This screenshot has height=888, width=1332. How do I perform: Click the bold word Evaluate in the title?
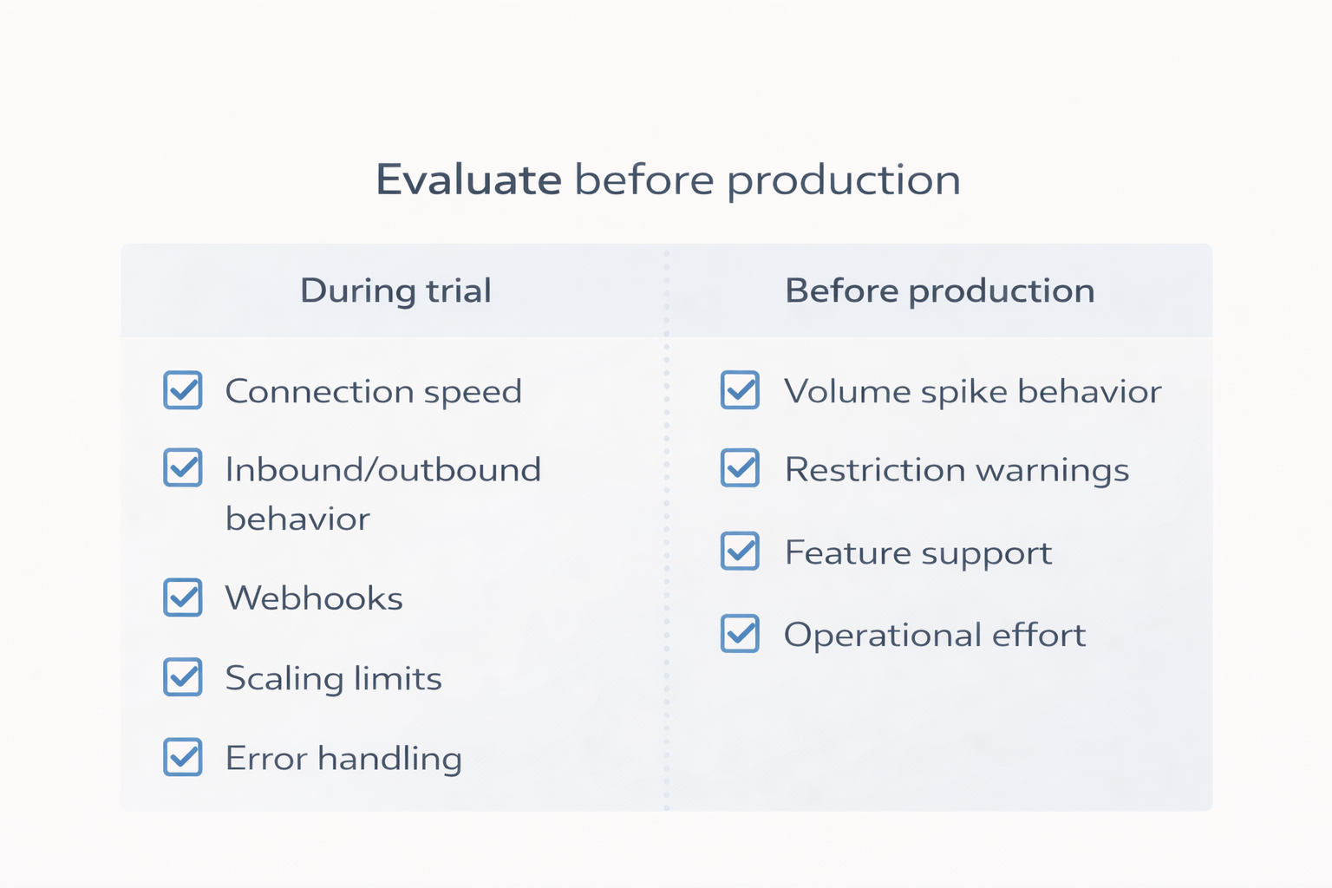468,180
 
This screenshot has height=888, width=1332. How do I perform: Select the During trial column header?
395,291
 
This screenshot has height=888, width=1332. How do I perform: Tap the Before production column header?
939,291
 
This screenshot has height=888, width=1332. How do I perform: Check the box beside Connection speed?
183,390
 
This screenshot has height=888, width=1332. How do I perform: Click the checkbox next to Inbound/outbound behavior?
183,467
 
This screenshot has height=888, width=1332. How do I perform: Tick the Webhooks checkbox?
183,597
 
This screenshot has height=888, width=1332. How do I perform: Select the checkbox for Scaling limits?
183,677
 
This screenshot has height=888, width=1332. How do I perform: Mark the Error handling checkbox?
183,757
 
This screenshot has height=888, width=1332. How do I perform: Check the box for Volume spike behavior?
740,390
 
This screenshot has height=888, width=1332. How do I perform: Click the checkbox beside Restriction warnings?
740,467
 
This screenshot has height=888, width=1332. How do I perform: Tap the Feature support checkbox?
740,551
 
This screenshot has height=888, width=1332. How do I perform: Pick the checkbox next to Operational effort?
740,633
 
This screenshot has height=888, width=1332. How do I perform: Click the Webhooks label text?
314,598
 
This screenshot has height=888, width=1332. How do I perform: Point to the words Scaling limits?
333,678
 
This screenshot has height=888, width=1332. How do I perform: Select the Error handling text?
343,759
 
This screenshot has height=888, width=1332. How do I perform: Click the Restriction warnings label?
957,470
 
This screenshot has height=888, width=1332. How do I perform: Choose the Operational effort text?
934,635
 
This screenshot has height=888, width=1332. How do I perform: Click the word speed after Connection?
473,393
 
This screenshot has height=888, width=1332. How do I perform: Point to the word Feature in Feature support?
848,552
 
